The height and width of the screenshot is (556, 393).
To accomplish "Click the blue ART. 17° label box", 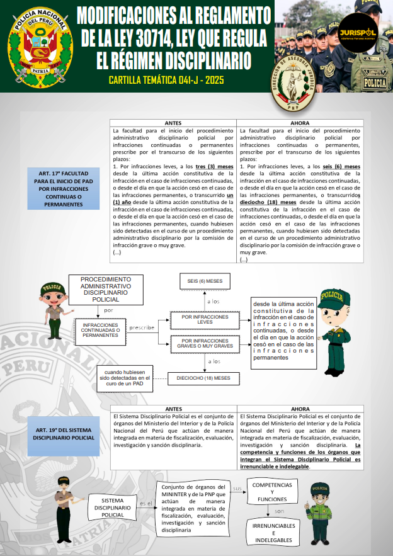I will pyautogui.click(x=63, y=188).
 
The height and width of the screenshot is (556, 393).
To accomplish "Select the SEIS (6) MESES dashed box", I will pyautogui.click(x=205, y=281).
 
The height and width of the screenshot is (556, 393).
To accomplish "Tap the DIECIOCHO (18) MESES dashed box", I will pyautogui.click(x=204, y=378).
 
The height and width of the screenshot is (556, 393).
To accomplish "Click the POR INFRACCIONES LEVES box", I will pyautogui.click(x=205, y=321).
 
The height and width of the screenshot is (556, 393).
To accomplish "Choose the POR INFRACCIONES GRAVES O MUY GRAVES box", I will pyautogui.click(x=205, y=343).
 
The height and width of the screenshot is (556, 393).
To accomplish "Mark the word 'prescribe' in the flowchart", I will pyautogui.click(x=142, y=327).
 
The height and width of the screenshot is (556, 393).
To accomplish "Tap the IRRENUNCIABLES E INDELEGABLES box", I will pyautogui.click(x=273, y=533).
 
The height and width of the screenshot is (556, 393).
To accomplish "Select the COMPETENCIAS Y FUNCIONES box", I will pyautogui.click(x=272, y=492).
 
